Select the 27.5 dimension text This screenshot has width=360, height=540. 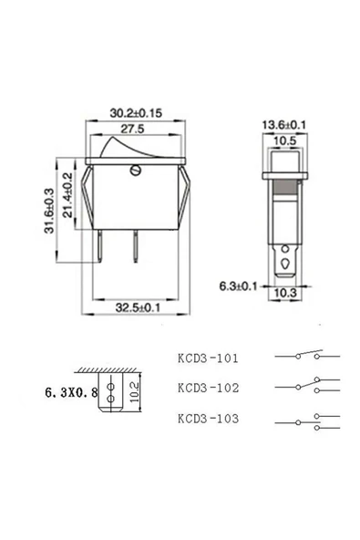pos(136,130)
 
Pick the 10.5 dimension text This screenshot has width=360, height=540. pos(284,141)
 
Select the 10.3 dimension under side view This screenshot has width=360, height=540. pos(285,293)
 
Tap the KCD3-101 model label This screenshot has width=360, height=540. pos(208,358)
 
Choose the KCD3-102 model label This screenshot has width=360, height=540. pos(208,388)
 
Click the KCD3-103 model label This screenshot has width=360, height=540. pos(208,419)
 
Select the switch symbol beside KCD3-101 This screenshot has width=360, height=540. pos(305,356)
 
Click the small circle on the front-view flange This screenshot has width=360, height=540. pos(138,167)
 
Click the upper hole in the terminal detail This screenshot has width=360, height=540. pos(110,383)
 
